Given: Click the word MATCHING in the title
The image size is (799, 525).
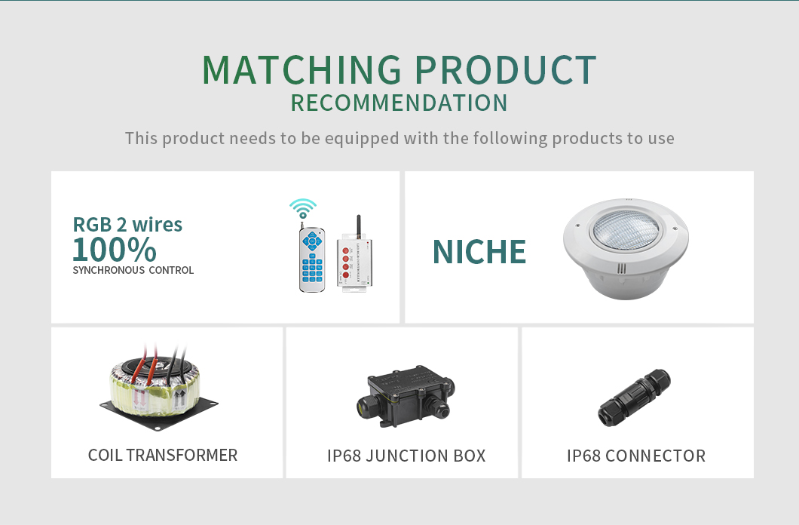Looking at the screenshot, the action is coord(302,69).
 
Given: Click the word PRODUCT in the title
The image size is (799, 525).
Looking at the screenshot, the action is coord(505,69).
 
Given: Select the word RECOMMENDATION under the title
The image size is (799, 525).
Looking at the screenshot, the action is coord(399,103).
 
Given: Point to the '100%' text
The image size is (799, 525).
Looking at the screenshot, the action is coord(115,249).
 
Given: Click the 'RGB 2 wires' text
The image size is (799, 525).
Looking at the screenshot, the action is coord(127,225).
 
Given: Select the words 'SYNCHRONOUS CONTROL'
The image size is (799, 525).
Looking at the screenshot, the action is coord(133,270).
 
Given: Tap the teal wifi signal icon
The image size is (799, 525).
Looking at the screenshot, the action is coord(303,208).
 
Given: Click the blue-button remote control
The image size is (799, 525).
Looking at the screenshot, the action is coord(312,259).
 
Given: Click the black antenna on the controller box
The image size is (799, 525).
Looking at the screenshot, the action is coord(358,225).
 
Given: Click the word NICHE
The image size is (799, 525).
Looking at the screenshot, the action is coord(479,252).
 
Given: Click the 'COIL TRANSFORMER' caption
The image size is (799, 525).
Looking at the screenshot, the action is coord(163,455).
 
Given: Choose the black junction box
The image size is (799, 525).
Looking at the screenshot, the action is coord(405,395).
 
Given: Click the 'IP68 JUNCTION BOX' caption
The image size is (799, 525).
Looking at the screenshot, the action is coord(406,456).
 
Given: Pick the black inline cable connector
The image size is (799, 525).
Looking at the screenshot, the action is coord(635,398).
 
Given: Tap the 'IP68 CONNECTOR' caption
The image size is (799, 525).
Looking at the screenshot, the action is coord(636,456).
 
